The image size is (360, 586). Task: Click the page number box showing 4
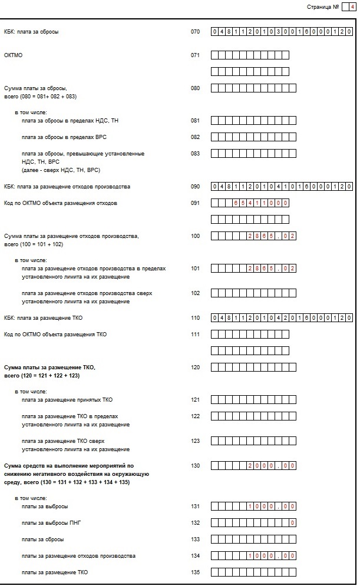coord(352,7)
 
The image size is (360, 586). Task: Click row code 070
coord(196,31)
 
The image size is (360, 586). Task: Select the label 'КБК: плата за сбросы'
coord(31,31)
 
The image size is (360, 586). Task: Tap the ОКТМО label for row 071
coord(13,55)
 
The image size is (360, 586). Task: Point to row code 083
coord(196,153)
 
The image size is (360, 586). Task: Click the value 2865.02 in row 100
coord(271,236)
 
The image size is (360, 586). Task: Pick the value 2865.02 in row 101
coord(271,269)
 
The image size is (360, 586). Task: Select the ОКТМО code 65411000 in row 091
coord(260,203)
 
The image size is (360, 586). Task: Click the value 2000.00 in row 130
coord(271,466)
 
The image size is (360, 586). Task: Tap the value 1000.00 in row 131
coord(271,506)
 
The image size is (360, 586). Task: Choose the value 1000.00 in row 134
coord(271,555)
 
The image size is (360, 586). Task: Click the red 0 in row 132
coord(292,522)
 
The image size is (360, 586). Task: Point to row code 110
coord(196,317)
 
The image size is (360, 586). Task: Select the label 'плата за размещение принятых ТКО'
coord(67,399)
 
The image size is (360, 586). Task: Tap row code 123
coord(196,440)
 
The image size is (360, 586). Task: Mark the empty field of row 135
coord(253,572)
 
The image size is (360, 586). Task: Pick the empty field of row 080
coord(253,88)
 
